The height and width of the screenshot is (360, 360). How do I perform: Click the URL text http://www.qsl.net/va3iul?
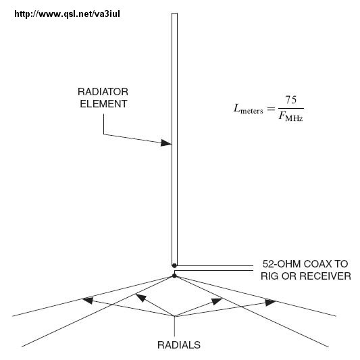(67, 14)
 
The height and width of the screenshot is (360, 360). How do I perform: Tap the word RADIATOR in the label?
(103, 92)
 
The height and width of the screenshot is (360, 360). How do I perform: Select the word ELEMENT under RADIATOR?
(103, 104)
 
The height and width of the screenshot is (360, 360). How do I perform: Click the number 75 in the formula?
(291, 100)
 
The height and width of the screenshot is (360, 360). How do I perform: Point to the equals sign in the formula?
(271, 108)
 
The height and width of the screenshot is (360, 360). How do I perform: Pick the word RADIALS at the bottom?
(179, 345)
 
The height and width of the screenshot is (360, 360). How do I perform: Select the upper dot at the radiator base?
(174, 265)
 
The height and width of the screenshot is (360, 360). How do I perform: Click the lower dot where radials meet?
(174, 276)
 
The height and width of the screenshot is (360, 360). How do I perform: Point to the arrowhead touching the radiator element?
(166, 143)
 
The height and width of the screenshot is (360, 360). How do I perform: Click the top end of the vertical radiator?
(174, 14)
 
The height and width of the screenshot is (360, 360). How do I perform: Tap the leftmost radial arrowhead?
(88, 301)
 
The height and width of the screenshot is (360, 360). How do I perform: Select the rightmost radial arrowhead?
(270, 303)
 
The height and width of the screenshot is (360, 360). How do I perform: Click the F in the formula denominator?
(282, 116)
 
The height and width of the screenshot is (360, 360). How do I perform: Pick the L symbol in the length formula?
(236, 108)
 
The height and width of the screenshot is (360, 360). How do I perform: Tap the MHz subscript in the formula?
(294, 119)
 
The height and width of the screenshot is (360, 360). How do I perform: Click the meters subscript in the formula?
(252, 111)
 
